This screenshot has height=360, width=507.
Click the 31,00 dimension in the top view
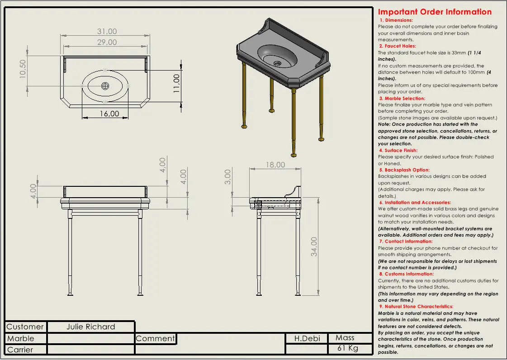coord(107,32)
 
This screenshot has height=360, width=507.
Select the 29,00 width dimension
coord(107,43)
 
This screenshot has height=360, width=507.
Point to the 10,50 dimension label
coord(23,69)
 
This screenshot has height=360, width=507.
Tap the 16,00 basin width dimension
coord(109,114)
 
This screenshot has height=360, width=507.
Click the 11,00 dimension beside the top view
coord(176,83)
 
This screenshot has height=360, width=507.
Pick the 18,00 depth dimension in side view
coord(275,165)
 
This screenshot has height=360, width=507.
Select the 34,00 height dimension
coord(314,246)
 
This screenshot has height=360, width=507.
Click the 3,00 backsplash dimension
coord(228,177)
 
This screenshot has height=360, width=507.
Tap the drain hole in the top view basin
coord(105,86)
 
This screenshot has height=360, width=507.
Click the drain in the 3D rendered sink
coord(277,63)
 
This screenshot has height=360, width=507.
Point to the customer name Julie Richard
coord(91,327)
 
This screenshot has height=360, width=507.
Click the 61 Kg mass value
coord(348,349)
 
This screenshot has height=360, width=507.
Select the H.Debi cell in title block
coord(307,338)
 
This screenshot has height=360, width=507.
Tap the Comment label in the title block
coord(155,338)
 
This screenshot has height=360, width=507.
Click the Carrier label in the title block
coord(20,350)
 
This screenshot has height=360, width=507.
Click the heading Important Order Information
coord(435,12)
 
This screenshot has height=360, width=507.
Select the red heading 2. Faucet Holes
coord(398,46)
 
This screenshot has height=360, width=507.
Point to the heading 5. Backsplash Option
coord(404,170)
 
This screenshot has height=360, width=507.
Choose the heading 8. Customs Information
coord(406,274)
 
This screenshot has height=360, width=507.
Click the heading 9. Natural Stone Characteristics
coord(416,307)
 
